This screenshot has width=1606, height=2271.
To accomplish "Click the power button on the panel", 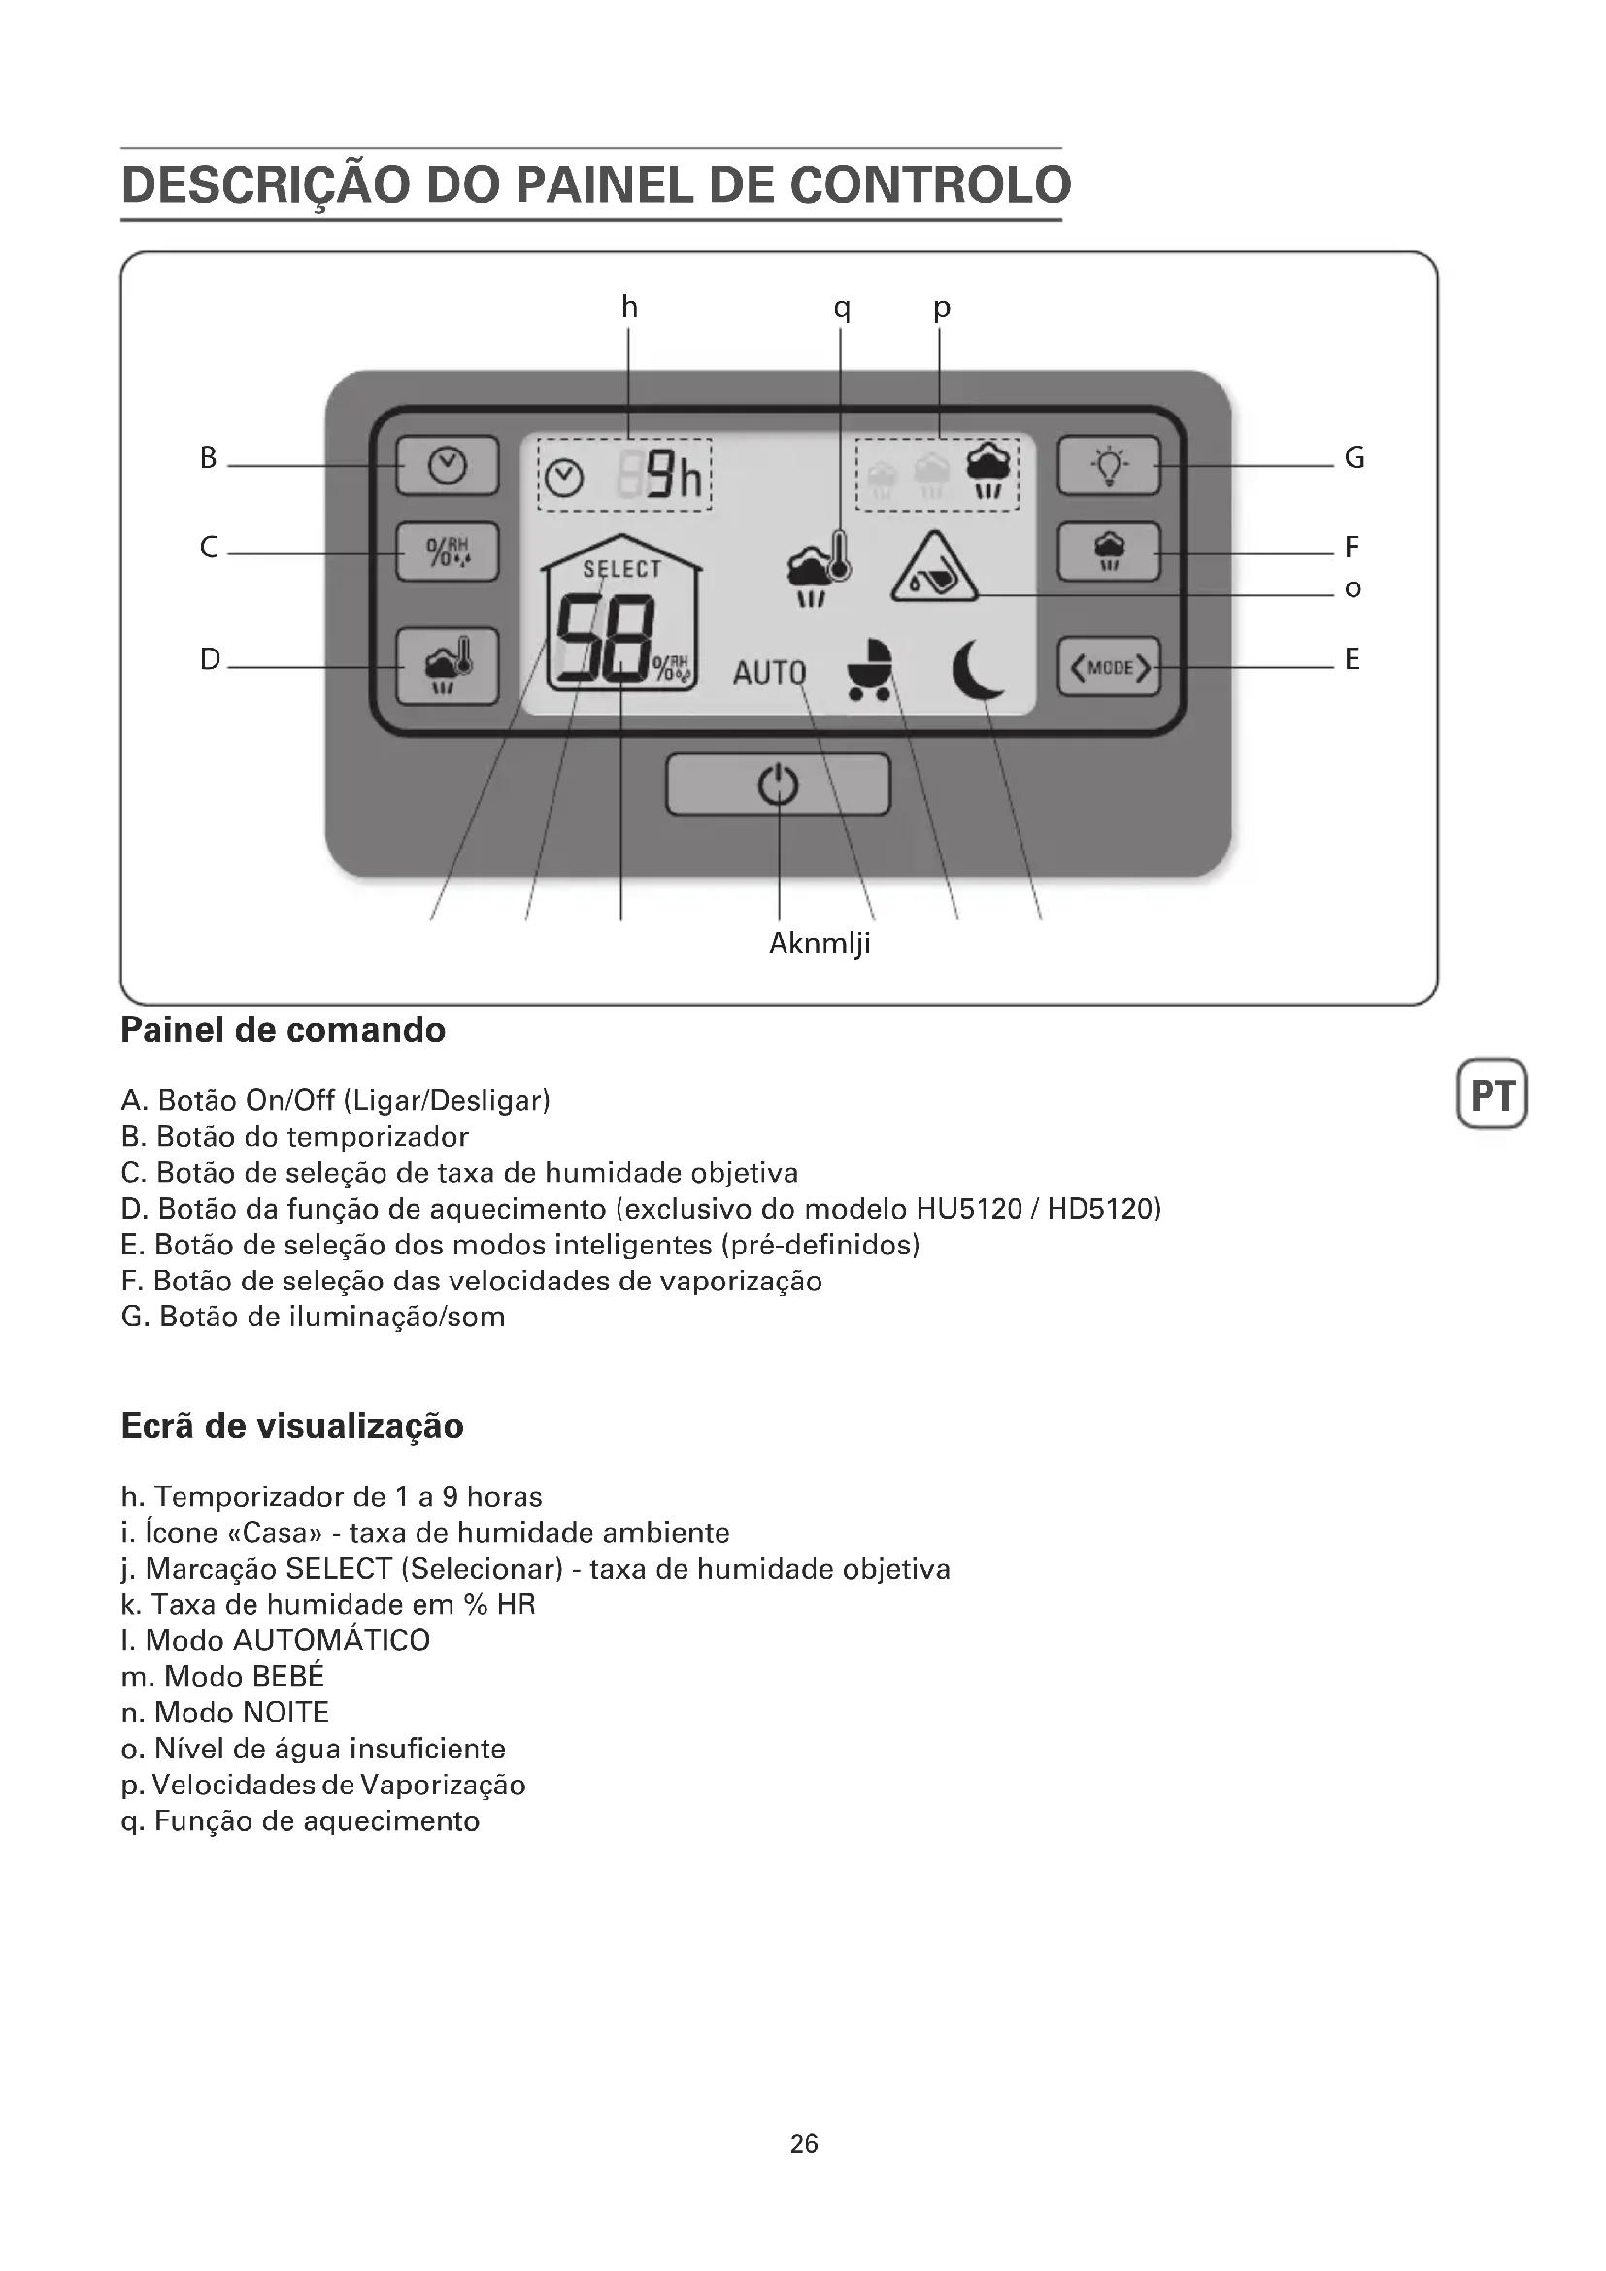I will pyautogui.click(x=779, y=785).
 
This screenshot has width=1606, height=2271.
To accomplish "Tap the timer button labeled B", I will pyautogui.click(x=447, y=465).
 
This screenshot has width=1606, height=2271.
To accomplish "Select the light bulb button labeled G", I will pyautogui.click(x=1109, y=465).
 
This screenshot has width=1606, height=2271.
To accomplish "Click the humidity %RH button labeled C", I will pyautogui.click(x=447, y=551).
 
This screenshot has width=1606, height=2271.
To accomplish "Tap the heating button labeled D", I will pyautogui.click(x=447, y=666).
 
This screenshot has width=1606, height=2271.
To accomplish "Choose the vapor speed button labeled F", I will pyautogui.click(x=1109, y=551).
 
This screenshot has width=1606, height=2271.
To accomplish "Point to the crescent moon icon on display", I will pyautogui.click(x=978, y=669).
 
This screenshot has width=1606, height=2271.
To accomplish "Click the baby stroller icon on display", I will pyautogui.click(x=870, y=670).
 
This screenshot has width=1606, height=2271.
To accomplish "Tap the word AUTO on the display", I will pyautogui.click(x=768, y=674).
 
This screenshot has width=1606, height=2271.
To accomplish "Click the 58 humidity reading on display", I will pyautogui.click(x=605, y=640).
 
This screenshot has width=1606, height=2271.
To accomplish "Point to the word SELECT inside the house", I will pyautogui.click(x=622, y=569).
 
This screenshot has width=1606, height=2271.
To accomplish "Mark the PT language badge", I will pyautogui.click(x=1492, y=1094).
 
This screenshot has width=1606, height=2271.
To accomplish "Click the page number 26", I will pyautogui.click(x=804, y=2144).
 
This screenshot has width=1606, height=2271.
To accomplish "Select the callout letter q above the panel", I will pyautogui.click(x=842, y=308).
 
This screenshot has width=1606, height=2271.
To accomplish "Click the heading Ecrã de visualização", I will pyautogui.click(x=291, y=1425).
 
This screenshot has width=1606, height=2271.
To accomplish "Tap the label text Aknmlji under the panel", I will pyautogui.click(x=820, y=944).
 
